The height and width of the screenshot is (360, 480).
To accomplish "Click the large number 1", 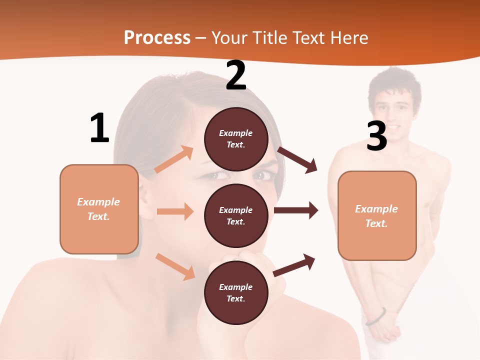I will click(99, 128).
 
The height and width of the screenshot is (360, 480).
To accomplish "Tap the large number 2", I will click(235, 76).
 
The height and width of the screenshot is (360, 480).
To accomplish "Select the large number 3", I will click(376, 136).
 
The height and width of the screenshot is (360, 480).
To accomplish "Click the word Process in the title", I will click(157, 37).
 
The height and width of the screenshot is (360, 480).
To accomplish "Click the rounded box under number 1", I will click(99, 209).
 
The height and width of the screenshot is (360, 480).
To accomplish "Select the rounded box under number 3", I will click(377, 215).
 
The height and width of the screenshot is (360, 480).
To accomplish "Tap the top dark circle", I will click(236, 139).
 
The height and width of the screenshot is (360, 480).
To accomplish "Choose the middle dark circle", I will click(236, 215).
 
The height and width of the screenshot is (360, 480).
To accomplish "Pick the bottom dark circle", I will click(236, 292).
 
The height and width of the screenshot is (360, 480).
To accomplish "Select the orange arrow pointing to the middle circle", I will click(175, 211).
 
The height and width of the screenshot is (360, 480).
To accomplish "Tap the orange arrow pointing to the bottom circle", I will click(175, 266).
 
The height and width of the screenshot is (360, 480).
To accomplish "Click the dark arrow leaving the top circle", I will click(298, 160).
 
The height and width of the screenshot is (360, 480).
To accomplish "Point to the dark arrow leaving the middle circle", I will click(296, 210).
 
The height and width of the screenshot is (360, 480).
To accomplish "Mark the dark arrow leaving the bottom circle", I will click(294, 265).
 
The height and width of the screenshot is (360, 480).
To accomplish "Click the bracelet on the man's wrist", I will click(376, 317).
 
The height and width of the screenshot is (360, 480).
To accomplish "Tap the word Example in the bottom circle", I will click(235, 287).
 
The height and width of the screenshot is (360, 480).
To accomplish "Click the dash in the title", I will click(201, 38).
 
